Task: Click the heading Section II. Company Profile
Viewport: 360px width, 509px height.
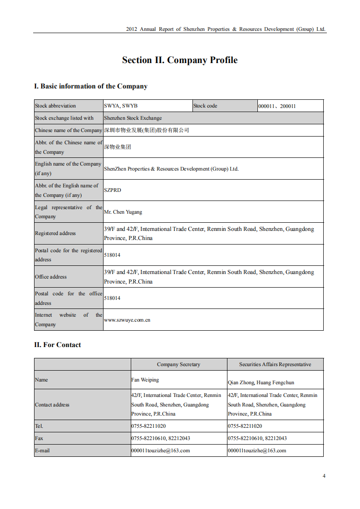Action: coord(180,60)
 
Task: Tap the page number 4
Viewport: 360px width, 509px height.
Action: coord(324,476)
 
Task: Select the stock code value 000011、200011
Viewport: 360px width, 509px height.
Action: coord(277,106)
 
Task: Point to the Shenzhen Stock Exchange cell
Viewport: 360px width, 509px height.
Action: coord(133,118)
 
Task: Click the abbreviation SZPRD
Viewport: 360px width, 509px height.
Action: coord(113,190)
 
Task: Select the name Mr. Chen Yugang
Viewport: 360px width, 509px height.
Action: coord(123,212)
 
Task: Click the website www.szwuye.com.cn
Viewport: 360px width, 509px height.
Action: coord(127,320)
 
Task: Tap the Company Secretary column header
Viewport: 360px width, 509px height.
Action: coord(178,364)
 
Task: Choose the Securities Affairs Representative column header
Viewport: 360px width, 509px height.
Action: coord(275,364)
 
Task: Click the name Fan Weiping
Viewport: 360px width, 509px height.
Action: coord(145,380)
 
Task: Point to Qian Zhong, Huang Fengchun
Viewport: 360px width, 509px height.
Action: coord(261,382)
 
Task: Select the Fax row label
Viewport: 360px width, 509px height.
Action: coord(39,438)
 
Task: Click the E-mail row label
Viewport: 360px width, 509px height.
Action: coord(42,450)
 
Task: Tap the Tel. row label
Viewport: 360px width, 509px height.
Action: coord(39,426)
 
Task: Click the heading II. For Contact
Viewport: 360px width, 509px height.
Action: coord(58,345)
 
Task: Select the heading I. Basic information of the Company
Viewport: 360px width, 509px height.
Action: coord(91,86)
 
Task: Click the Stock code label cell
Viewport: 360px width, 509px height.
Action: coord(205,106)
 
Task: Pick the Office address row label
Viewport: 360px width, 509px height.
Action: coord(51,277)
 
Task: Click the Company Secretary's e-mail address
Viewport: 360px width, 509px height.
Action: coord(161,450)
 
